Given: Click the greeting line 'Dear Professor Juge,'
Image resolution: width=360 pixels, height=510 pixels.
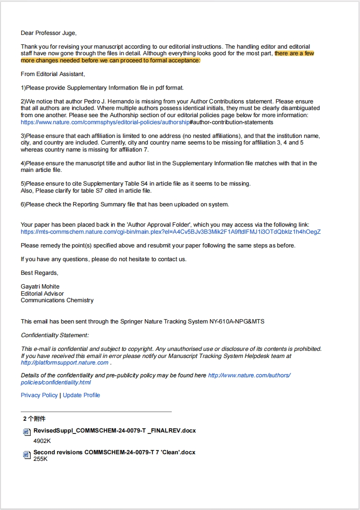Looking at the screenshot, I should (49, 33).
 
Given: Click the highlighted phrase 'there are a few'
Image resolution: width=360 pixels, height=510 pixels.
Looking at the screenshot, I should (294, 53).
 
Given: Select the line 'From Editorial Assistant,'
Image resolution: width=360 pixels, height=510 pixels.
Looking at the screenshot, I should (53, 74).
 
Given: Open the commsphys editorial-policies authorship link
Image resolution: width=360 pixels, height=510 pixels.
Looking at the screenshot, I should (105, 122).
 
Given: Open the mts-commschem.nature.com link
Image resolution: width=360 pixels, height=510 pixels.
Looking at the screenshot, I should (170, 232).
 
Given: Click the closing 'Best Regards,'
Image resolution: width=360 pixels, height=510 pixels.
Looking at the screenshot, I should (40, 273).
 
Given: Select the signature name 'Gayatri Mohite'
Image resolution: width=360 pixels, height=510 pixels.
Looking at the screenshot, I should (40, 287).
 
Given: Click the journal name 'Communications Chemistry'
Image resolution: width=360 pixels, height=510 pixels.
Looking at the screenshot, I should (57, 300).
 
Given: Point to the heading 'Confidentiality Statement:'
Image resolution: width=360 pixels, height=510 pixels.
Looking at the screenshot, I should (55, 335).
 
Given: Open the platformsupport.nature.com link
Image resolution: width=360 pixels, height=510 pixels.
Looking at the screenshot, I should (65, 363).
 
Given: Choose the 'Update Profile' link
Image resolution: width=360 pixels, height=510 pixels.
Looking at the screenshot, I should (81, 395).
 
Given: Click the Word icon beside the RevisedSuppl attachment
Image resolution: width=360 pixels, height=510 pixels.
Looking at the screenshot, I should (27, 432).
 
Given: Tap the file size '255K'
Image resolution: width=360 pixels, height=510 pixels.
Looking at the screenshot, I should (41, 459).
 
